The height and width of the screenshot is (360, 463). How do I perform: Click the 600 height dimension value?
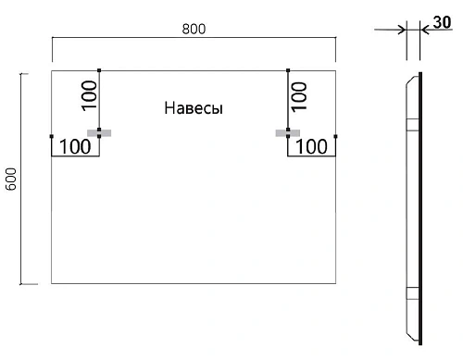(11, 178)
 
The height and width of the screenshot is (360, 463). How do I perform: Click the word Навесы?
(194, 108)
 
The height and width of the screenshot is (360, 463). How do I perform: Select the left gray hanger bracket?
(98, 133)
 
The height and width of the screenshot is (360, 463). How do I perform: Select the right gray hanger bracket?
(288, 133)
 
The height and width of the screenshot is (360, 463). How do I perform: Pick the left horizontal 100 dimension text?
(76, 146)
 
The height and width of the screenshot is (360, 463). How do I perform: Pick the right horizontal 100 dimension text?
(311, 146)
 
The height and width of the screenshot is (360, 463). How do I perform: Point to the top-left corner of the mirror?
(52, 69)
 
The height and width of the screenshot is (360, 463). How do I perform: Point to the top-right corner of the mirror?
(335, 69)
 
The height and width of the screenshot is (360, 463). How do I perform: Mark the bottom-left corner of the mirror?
(52, 283)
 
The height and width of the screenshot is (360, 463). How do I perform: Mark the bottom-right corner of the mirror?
(335, 283)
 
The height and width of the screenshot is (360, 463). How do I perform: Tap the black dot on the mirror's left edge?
(52, 137)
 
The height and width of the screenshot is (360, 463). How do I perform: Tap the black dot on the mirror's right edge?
(335, 137)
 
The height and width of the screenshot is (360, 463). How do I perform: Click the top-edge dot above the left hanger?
(98, 69)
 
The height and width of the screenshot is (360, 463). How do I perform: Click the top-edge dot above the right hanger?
(288, 69)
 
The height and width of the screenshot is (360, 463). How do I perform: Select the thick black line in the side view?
(419, 204)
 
